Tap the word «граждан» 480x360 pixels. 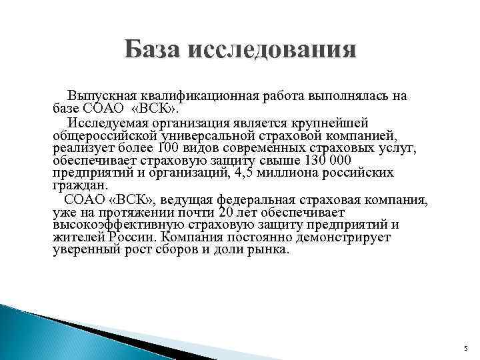pos(77,185)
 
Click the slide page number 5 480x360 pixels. pos(467,348)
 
